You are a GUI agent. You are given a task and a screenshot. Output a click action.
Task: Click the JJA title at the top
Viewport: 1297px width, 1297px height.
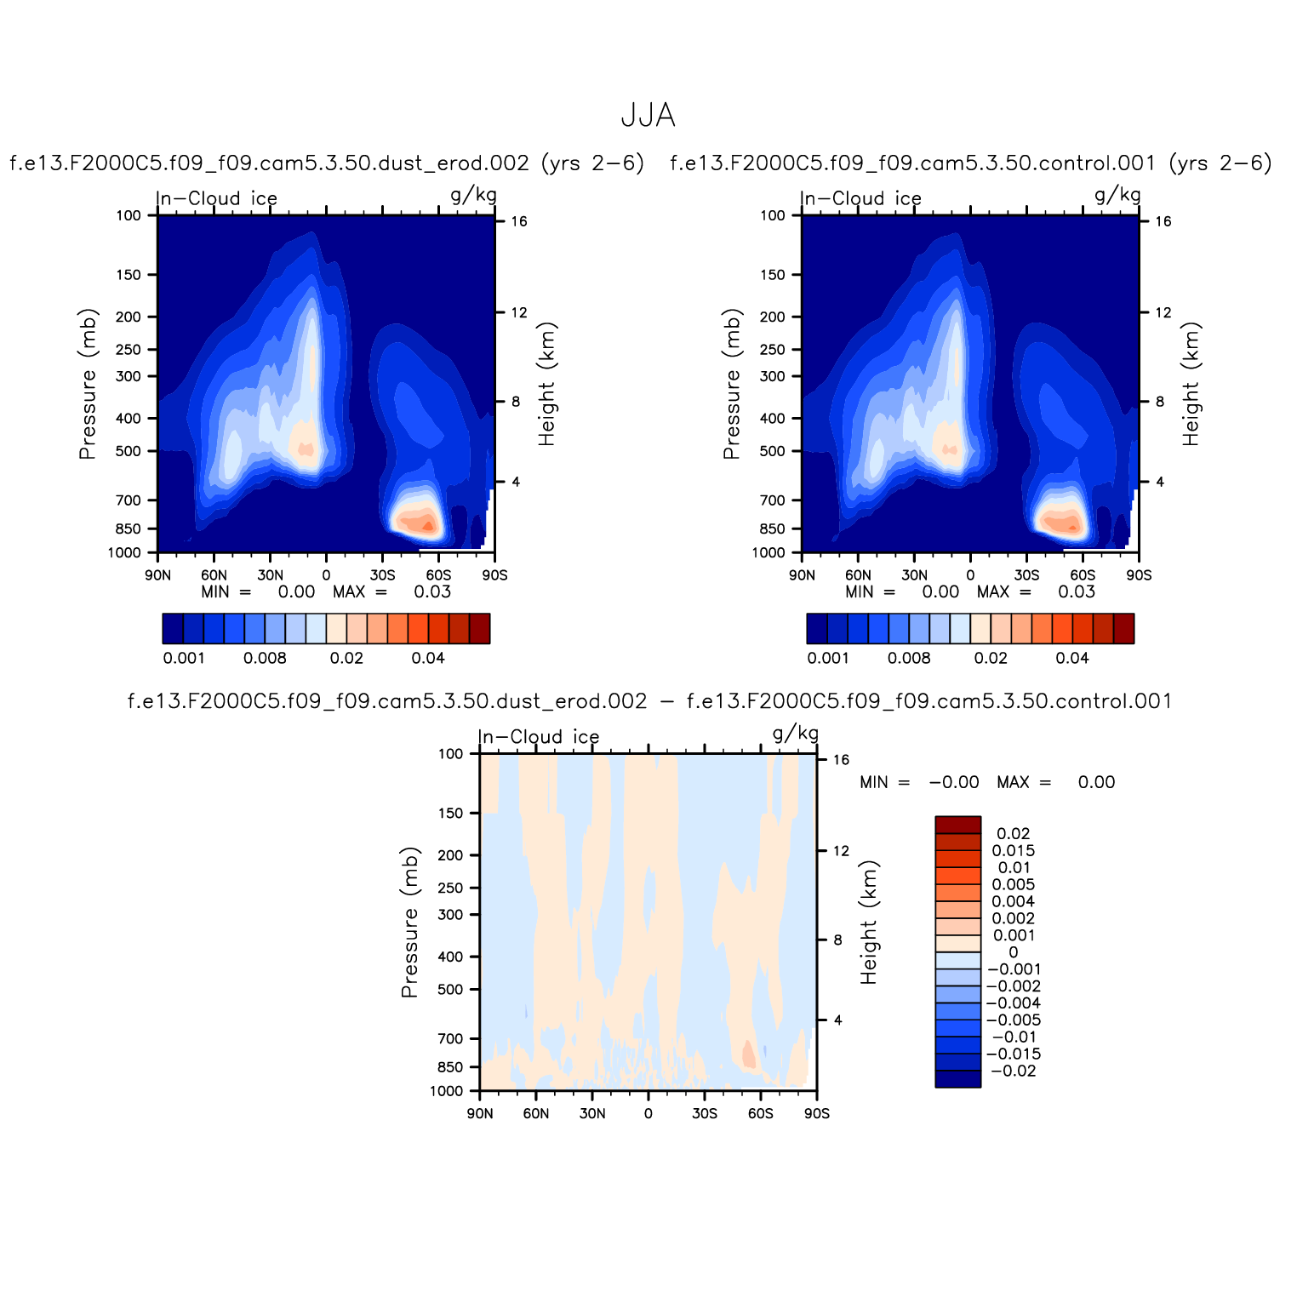(x=648, y=116)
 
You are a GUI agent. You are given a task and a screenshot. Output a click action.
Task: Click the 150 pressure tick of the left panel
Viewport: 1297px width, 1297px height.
(x=129, y=275)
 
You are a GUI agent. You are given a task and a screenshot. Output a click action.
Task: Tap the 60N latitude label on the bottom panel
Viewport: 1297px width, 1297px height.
(x=536, y=1113)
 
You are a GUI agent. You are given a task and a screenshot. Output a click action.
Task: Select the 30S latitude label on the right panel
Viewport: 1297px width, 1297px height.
(x=1026, y=575)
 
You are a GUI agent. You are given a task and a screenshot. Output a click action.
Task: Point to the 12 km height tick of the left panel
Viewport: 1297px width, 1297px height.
(x=519, y=313)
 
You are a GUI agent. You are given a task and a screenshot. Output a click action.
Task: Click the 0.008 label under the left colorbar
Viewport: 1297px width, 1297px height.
(x=265, y=658)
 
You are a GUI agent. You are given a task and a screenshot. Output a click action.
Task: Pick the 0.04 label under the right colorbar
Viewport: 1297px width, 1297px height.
(x=1072, y=658)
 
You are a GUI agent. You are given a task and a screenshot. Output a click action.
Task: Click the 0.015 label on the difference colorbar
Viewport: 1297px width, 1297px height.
(x=1013, y=851)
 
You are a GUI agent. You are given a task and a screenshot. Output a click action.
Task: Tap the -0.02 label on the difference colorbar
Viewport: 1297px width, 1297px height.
(x=1013, y=1071)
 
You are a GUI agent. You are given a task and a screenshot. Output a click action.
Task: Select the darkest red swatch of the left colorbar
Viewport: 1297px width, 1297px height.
(x=479, y=628)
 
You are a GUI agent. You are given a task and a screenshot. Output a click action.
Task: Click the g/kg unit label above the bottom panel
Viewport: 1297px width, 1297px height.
(x=796, y=734)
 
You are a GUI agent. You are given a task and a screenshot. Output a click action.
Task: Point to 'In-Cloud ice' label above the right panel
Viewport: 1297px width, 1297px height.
(x=861, y=199)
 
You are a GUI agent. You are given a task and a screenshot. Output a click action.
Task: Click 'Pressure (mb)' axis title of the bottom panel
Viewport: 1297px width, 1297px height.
(x=410, y=922)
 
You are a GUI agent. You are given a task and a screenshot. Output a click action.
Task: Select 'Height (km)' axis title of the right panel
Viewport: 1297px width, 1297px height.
(x=1191, y=384)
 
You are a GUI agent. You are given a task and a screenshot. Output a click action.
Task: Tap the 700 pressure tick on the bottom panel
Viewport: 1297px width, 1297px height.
(x=452, y=1038)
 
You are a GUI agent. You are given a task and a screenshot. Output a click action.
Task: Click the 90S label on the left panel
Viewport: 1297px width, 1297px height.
(x=494, y=575)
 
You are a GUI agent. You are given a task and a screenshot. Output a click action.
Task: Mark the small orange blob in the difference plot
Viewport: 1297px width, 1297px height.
(x=749, y=1054)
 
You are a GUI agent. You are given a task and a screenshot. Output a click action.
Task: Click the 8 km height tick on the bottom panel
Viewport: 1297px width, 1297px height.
(x=837, y=940)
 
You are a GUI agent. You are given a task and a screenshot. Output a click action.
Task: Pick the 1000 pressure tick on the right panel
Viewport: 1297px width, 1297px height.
(x=768, y=553)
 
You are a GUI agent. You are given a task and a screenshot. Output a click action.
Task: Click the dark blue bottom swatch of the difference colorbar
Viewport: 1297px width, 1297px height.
(x=957, y=1079)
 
